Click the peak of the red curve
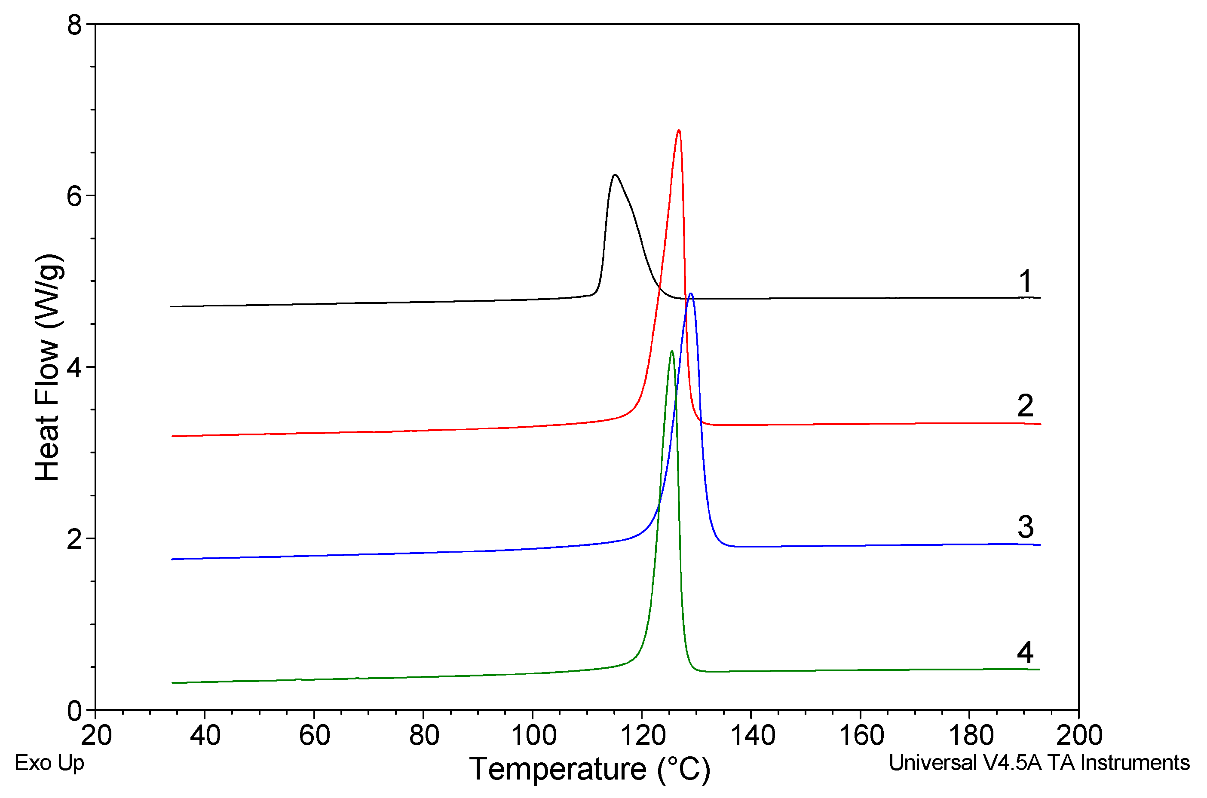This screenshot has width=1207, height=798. [678, 130]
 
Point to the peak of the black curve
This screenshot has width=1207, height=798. [615, 175]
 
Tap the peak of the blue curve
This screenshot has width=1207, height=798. [690, 294]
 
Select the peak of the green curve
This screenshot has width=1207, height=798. [672, 351]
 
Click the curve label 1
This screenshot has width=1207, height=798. [1025, 281]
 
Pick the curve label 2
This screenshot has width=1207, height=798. [1025, 406]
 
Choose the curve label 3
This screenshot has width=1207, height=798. [1025, 527]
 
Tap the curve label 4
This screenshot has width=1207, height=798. [1025, 652]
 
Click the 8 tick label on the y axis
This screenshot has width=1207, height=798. [74, 24]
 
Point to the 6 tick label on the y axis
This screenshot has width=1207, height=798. [74, 196]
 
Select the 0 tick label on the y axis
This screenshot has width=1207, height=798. [74, 710]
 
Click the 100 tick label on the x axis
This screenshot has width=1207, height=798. [533, 735]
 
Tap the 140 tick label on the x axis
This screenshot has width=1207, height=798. [752, 735]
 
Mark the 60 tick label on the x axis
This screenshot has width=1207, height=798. [314, 735]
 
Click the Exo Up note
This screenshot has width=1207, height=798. [49, 763]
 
